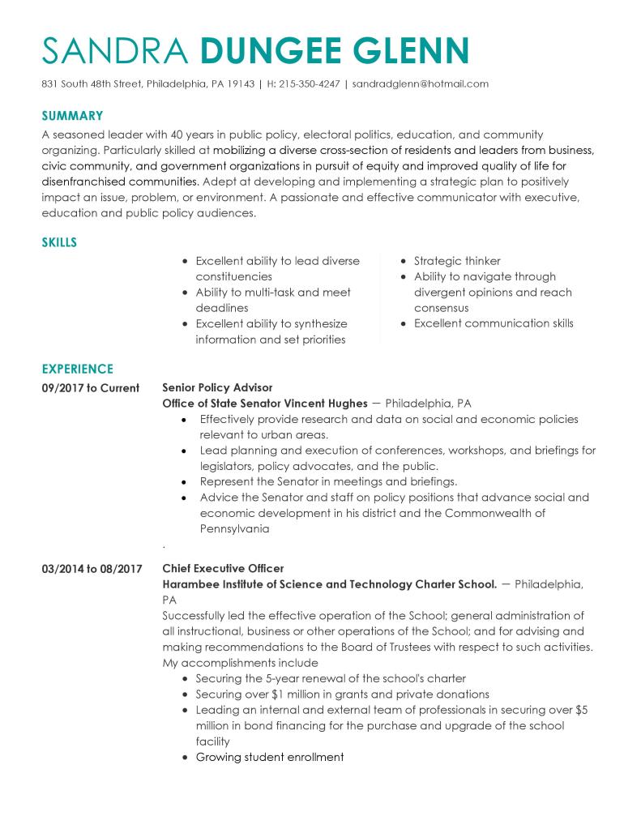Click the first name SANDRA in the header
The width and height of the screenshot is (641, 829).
pyautogui.click(x=116, y=50)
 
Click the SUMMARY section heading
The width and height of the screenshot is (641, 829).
pyautogui.click(x=72, y=116)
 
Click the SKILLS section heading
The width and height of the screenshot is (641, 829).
pyautogui.click(x=59, y=242)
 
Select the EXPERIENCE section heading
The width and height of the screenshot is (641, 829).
pyautogui.click(x=77, y=369)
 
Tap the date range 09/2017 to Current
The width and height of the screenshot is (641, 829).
pyautogui.click(x=90, y=387)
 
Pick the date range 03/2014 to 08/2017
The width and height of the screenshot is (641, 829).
pyautogui.click(x=92, y=569)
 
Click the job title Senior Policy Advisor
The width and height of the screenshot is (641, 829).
pyautogui.click(x=217, y=387)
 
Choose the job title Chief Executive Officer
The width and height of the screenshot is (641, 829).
pyautogui.click(x=223, y=569)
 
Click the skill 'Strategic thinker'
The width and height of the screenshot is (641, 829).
pyautogui.click(x=457, y=261)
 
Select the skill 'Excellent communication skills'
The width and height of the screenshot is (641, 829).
pyautogui.click(x=494, y=323)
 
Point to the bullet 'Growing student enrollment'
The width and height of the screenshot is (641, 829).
pyautogui.click(x=270, y=757)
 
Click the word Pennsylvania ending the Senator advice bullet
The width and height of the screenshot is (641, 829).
pyautogui.click(x=234, y=529)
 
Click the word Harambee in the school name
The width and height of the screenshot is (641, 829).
pyautogui.click(x=188, y=584)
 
